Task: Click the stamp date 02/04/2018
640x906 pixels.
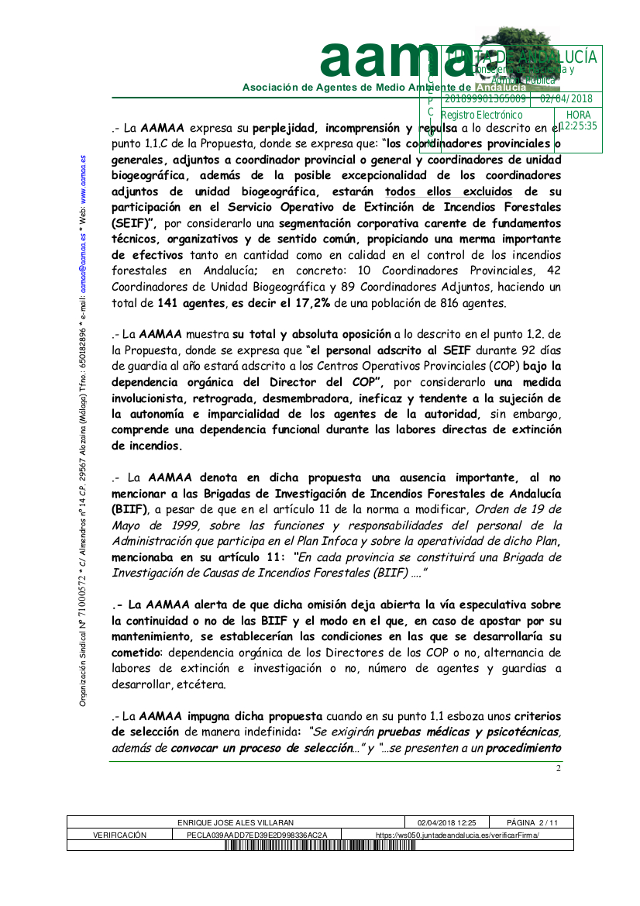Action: tap(566, 99)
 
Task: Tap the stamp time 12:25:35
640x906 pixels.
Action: tap(578, 126)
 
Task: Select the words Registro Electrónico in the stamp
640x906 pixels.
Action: tap(481, 115)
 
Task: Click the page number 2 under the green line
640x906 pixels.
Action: tap(558, 768)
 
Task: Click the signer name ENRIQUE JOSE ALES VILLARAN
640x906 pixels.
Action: tap(236, 822)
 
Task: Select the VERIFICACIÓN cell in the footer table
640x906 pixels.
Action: tap(119, 835)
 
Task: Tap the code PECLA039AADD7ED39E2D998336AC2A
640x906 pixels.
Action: tap(257, 835)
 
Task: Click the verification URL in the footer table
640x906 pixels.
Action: tap(457, 835)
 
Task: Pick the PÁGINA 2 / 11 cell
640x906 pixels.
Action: tap(532, 822)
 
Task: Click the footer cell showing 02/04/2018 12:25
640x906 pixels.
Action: tap(446, 822)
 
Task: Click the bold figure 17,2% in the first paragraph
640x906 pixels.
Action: tap(308, 303)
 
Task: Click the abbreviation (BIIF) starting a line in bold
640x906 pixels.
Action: tap(130, 508)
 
